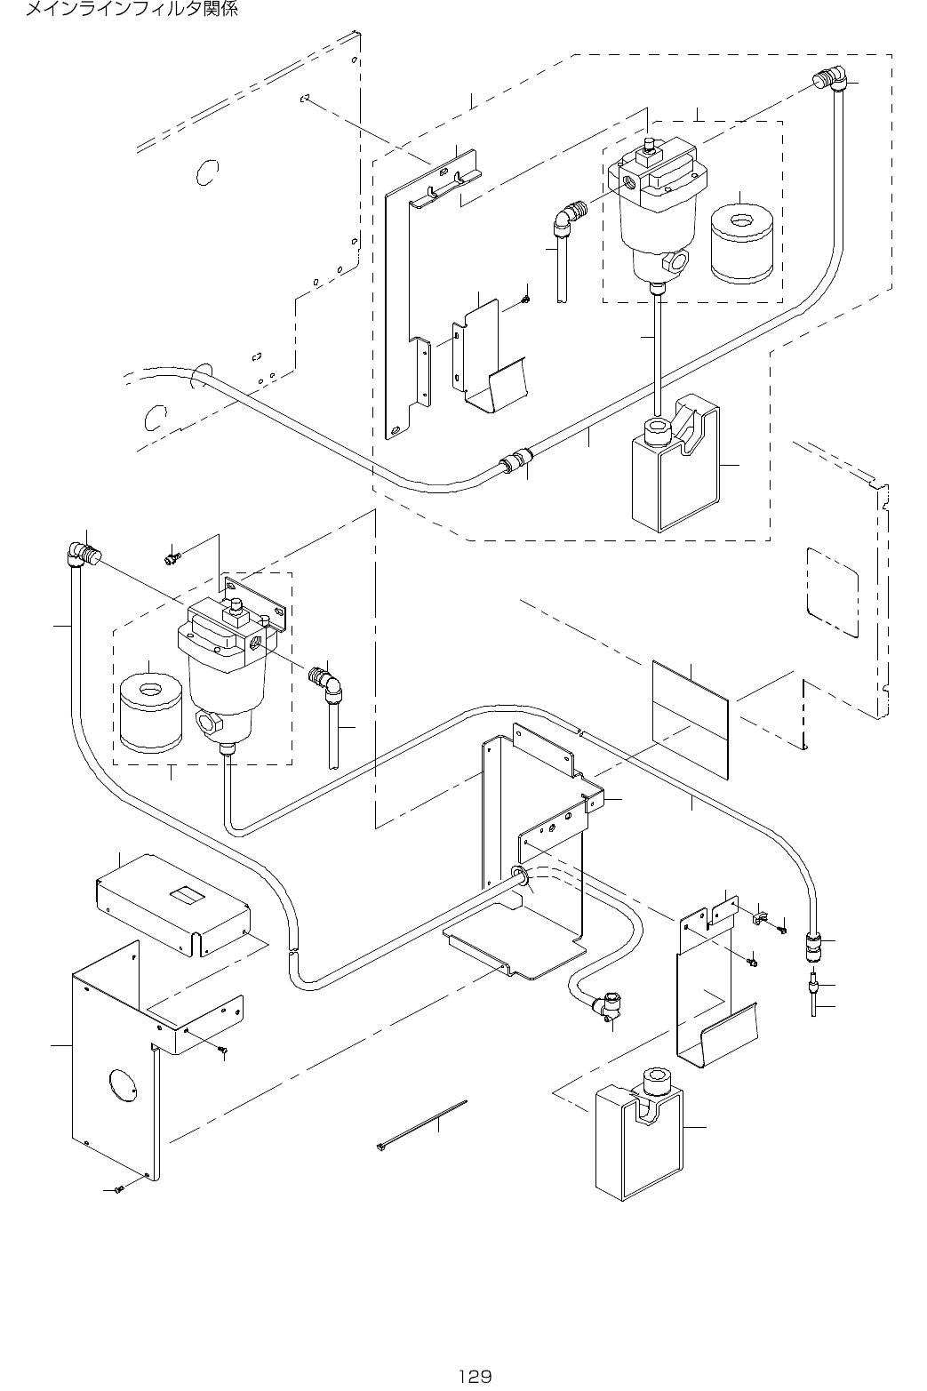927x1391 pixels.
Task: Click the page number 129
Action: tap(475, 1377)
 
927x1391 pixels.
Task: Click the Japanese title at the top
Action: tap(131, 9)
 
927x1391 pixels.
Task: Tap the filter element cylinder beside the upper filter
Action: tap(741, 244)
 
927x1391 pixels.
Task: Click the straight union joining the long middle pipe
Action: tap(516, 461)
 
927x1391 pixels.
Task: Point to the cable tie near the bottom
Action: tap(421, 1125)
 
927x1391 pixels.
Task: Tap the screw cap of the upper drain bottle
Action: tap(658, 430)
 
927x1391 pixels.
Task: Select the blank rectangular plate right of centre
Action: tap(691, 720)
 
